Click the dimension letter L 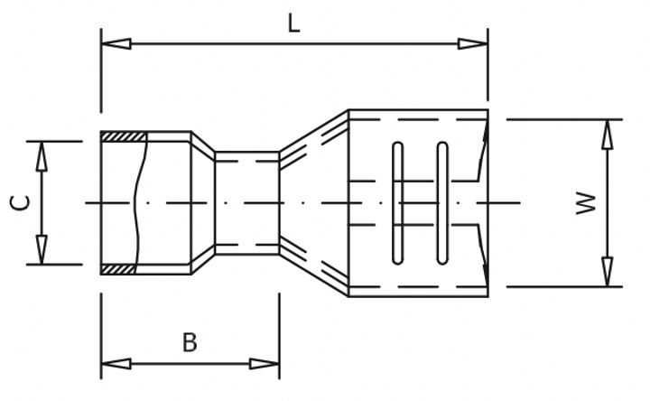click(293, 23)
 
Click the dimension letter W click(588, 203)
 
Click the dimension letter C click(21, 203)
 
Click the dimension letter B click(189, 342)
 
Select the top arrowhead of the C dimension click(42, 156)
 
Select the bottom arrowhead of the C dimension click(42, 249)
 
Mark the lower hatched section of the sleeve click(117, 268)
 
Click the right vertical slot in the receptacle click(442, 203)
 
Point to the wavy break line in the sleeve click(137, 203)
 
